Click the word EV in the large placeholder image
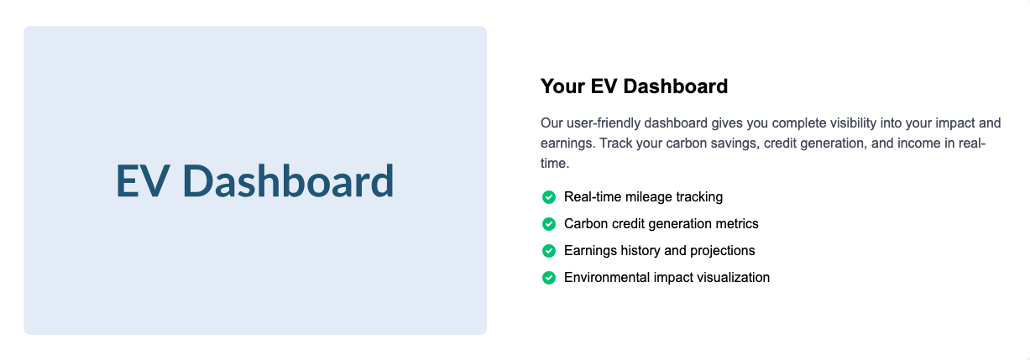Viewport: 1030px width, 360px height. click(x=141, y=180)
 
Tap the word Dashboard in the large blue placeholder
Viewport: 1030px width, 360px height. click(x=288, y=180)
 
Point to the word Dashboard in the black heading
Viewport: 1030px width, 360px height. click(x=676, y=86)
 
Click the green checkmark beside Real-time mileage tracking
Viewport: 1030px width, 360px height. click(x=548, y=197)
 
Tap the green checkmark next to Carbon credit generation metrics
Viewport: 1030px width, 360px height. click(x=548, y=224)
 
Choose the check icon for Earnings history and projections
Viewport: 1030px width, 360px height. click(x=548, y=251)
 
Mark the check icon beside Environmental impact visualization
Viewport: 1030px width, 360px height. click(x=548, y=278)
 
